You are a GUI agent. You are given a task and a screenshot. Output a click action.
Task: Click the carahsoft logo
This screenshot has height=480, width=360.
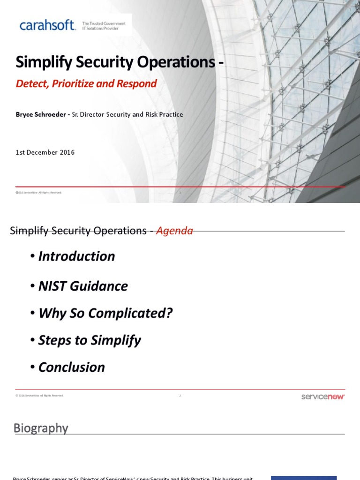47,25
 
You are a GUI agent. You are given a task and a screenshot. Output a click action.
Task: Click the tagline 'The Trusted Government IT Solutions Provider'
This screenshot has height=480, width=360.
104,26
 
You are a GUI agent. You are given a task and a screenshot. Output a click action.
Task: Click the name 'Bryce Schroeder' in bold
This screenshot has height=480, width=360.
41,114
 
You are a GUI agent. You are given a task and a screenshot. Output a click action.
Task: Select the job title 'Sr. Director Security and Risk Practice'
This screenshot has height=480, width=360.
127,114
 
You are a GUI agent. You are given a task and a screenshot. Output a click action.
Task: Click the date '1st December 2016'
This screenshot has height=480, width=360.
45,152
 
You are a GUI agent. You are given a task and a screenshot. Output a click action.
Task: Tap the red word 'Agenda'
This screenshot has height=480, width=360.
174,231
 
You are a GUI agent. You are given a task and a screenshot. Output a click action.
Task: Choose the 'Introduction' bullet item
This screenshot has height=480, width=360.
76,256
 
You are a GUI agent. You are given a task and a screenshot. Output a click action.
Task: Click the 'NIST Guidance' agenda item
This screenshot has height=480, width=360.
83,286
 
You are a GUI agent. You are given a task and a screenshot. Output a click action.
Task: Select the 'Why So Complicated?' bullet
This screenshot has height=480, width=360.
105,313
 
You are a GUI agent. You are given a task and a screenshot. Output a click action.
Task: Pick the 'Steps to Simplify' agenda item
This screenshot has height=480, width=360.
89,340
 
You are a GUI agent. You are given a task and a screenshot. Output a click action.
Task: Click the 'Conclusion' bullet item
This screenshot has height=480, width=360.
71,367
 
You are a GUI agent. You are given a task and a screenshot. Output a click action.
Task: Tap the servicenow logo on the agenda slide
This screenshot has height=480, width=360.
322,397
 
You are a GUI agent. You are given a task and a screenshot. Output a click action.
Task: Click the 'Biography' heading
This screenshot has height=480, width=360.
41,428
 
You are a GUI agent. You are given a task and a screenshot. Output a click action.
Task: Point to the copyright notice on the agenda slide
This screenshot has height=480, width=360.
39,396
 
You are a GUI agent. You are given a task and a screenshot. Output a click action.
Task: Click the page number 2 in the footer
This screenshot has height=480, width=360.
180,396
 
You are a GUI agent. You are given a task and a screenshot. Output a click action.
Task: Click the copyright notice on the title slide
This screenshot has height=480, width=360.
38,193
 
